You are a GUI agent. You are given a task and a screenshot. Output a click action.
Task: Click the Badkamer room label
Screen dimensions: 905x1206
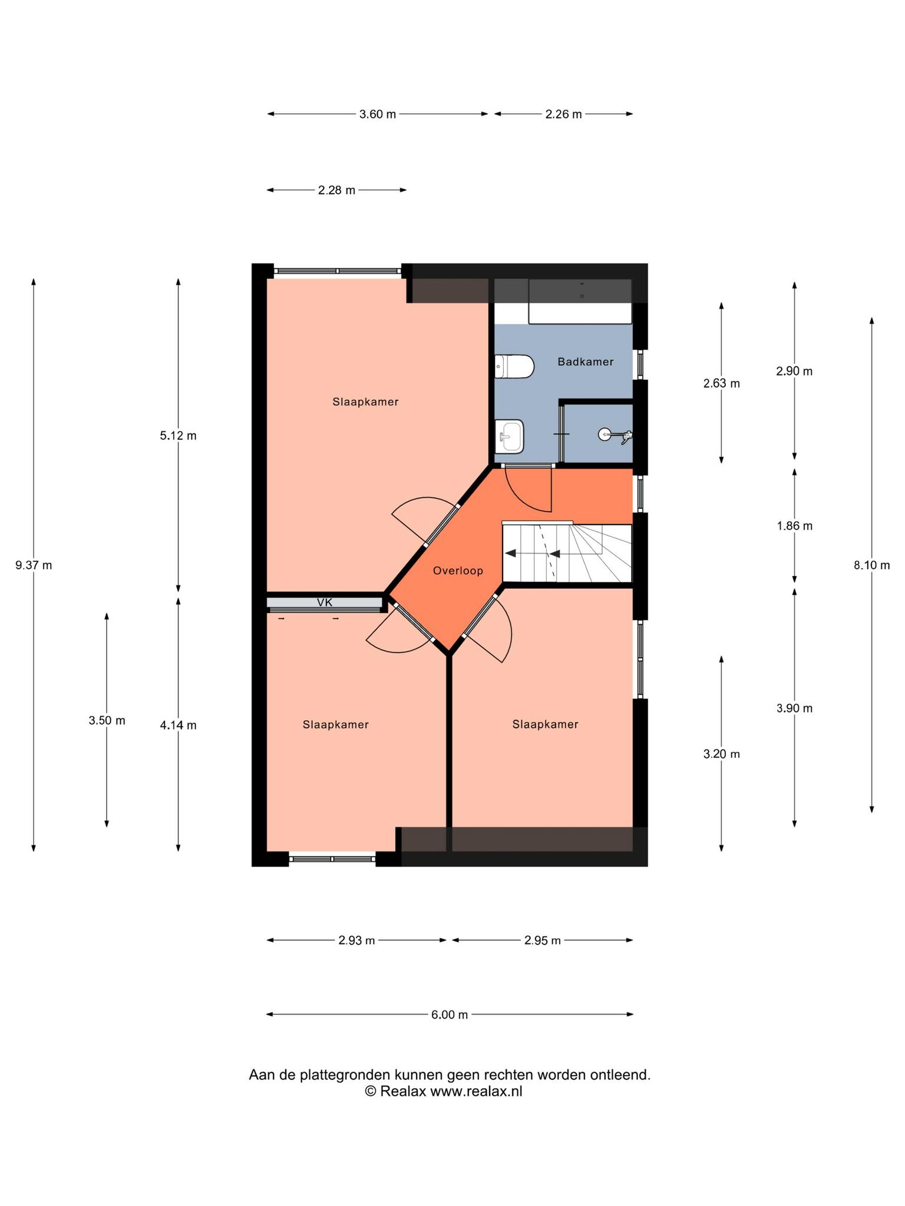585,362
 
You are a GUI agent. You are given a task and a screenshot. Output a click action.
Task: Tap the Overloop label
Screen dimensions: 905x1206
458,571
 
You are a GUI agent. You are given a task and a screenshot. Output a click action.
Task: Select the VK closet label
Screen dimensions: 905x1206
325,602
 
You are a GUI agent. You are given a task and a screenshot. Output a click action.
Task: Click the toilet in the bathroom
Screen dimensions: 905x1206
514,366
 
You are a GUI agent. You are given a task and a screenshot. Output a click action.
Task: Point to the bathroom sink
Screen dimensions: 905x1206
510,436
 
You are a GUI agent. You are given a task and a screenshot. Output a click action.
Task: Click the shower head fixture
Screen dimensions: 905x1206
615,436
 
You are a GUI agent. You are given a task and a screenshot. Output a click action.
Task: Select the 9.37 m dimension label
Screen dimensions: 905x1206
34,565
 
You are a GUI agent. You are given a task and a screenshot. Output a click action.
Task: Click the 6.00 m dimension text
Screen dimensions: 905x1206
450,1015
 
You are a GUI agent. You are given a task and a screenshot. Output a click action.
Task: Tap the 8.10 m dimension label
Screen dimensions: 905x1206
871,565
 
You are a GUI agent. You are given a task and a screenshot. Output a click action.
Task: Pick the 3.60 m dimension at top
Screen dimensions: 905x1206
378,114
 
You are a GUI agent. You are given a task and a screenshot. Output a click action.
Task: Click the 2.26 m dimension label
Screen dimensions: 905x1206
563,114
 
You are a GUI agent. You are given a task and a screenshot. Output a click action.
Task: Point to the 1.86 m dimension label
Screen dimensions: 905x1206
794,526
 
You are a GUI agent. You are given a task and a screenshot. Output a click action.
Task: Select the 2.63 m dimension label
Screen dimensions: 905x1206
722,384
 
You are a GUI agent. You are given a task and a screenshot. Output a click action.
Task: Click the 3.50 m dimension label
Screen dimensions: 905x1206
107,720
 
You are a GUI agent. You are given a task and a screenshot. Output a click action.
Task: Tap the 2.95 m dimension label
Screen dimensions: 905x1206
543,940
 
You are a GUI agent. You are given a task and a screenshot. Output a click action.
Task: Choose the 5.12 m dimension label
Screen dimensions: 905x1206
178,436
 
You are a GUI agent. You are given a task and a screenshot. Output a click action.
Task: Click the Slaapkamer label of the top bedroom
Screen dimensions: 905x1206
365,402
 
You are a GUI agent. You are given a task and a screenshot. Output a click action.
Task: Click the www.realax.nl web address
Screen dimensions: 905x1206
476,1091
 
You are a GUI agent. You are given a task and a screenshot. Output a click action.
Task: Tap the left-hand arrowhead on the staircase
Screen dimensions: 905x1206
510,554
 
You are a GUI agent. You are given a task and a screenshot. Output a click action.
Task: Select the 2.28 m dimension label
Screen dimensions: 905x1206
337,190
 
